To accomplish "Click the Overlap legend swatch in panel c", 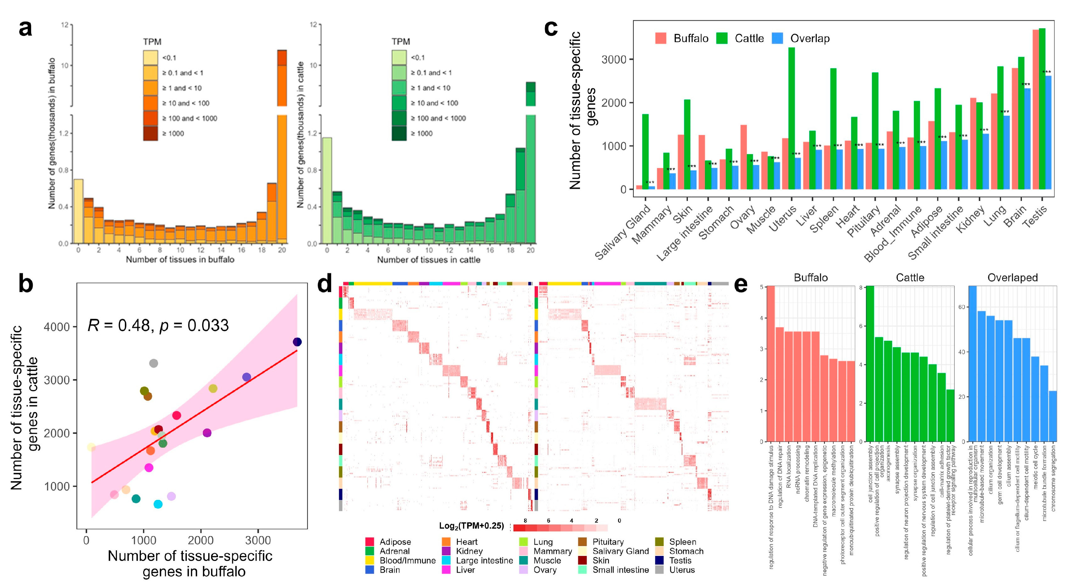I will pos(777,39).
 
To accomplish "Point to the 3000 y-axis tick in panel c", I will pos(614,59).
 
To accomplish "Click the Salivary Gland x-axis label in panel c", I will pos(623,233).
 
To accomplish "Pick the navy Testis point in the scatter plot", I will pos(297,342).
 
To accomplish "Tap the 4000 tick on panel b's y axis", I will pos(57,327).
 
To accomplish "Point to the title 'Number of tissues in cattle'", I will pos(429,260).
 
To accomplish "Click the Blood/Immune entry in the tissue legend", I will pos(407,561).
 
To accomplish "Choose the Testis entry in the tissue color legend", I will pos(680,561).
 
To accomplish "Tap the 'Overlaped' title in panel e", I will pos(1012,277).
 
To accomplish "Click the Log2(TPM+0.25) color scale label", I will pos(471,526).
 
